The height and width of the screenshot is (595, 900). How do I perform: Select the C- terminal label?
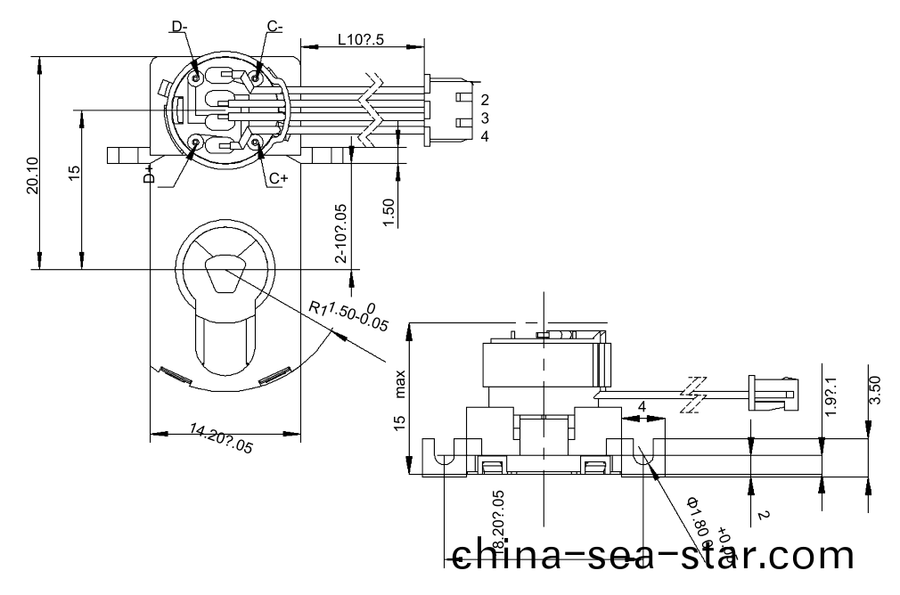click(275, 28)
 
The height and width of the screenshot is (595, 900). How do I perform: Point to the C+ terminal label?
click(278, 178)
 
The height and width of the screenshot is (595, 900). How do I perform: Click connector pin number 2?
click(484, 100)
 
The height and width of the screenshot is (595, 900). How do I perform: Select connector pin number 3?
click(484, 118)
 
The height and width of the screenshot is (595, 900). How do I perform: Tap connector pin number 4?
click(484, 136)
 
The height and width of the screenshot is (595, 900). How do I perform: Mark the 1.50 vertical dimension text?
click(389, 212)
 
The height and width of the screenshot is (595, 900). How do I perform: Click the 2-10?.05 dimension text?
click(341, 233)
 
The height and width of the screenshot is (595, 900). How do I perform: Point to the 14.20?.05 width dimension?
click(221, 440)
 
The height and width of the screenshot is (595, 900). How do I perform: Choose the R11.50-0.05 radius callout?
click(348, 314)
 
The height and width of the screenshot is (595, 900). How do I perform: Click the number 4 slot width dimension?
click(642, 407)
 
